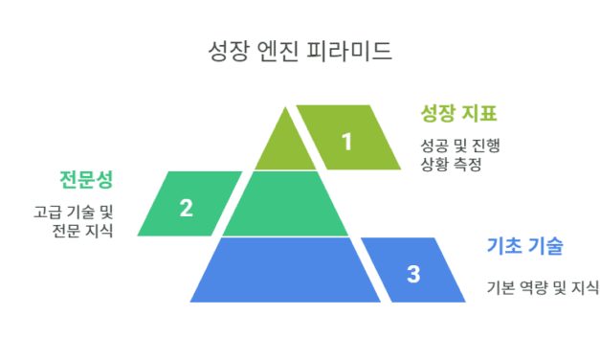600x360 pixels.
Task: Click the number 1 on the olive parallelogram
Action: coord(346,141)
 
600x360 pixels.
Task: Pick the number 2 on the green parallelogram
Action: coord(187,207)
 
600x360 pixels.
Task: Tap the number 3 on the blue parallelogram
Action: coord(412,274)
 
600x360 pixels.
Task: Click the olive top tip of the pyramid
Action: coord(286,144)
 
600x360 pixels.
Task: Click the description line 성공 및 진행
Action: coord(460,146)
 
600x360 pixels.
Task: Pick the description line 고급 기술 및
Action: coord(73,212)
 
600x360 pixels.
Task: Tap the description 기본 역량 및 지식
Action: coord(542,285)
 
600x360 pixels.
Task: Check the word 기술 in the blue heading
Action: coord(544,247)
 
